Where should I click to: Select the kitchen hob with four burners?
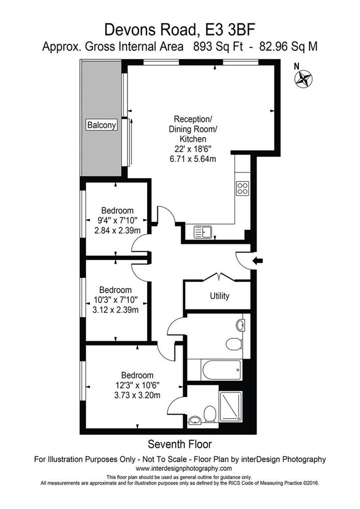pyautogui.click(x=243, y=189)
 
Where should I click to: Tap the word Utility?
pyautogui.click(x=220, y=296)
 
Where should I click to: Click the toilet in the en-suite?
pyautogui.click(x=210, y=414)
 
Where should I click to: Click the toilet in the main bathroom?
pyautogui.click(x=234, y=343)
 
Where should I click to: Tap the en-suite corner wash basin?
pyautogui.click(x=195, y=419)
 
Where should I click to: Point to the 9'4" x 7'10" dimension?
pyautogui.click(x=117, y=220)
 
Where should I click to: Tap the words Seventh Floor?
pyautogui.click(x=180, y=444)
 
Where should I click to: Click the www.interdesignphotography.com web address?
pyautogui.click(x=184, y=468)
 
